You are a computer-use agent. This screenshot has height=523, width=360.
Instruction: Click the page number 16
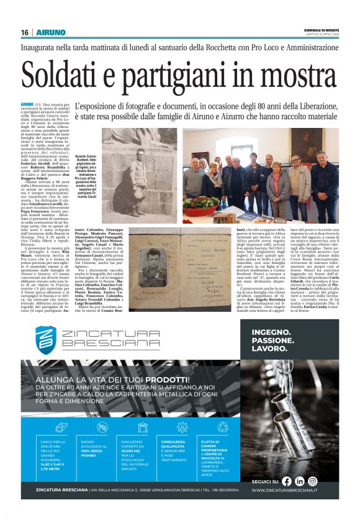24,32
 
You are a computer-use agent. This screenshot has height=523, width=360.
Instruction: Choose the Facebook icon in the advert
287,481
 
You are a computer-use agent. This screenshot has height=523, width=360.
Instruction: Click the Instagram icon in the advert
313,481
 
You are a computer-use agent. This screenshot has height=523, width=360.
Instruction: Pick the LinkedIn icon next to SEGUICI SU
300,481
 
